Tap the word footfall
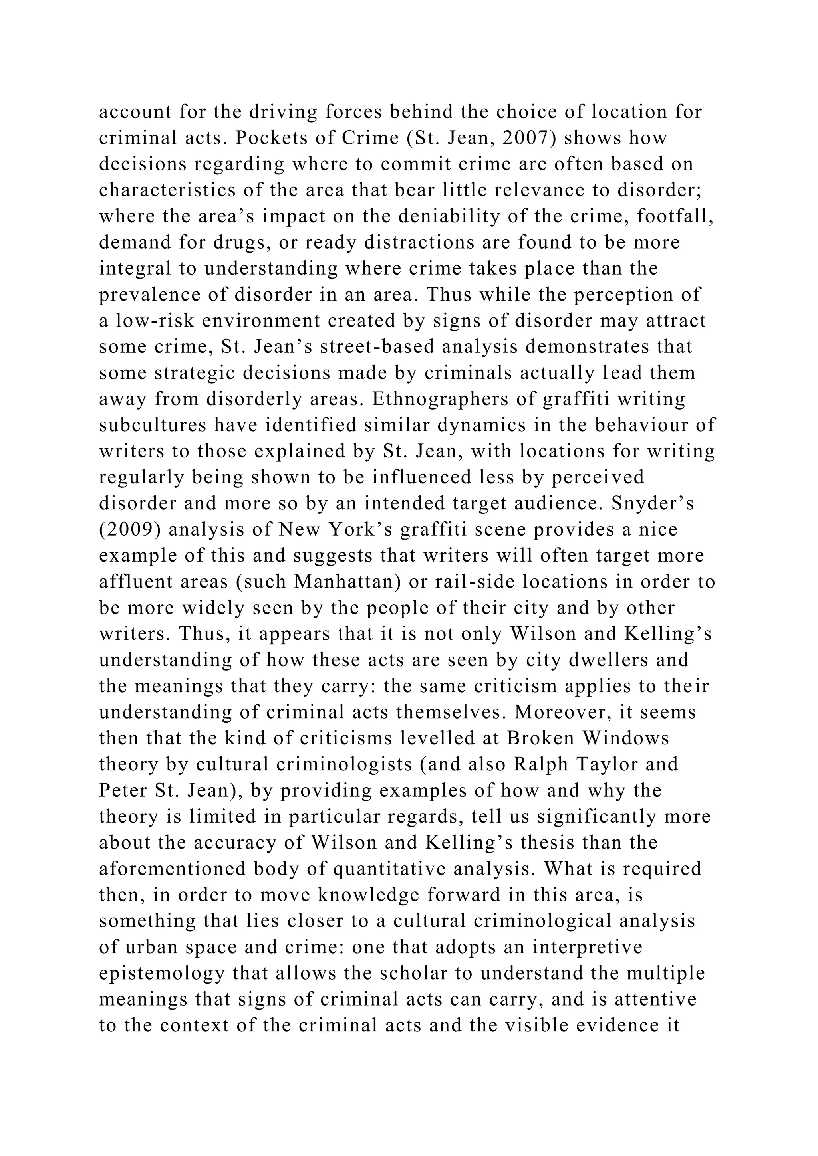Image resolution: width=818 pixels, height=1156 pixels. [x=675, y=216]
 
